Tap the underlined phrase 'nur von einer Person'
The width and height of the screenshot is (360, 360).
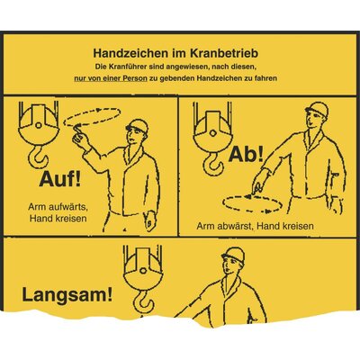111,78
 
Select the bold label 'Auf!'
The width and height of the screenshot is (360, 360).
60,179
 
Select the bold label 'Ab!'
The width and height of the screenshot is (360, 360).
246,155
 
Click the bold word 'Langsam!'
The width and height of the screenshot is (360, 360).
67,295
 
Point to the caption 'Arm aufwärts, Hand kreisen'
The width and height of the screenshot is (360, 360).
58,212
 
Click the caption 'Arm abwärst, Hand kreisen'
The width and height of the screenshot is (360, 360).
255,226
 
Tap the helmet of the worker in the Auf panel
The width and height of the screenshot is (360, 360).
138,126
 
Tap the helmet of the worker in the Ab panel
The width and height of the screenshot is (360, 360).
318,109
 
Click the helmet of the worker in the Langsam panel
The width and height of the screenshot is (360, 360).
233,255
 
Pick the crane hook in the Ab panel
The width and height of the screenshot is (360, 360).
212,161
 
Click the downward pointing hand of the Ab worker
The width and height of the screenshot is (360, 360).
258,181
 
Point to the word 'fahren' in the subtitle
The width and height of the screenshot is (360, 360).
266,78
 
